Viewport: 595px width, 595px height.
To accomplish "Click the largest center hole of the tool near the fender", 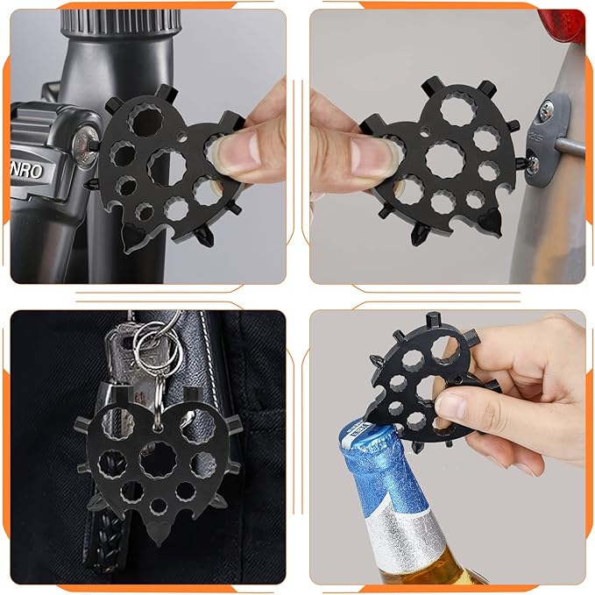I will (x=444, y=159).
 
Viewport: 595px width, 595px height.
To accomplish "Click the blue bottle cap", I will (x=366, y=436).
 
